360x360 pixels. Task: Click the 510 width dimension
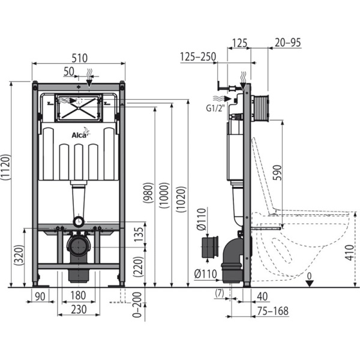[79, 58]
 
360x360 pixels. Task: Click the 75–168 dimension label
[273, 310]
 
